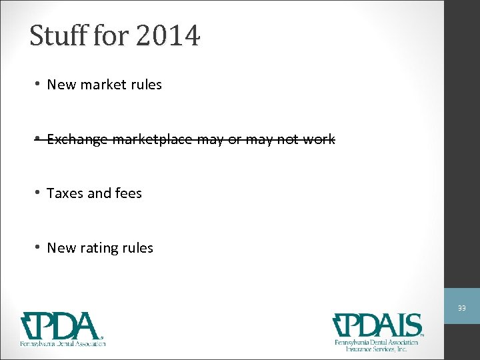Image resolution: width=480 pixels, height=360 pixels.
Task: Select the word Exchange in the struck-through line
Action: [77, 139]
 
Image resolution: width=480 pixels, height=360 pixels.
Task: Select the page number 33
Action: [461, 308]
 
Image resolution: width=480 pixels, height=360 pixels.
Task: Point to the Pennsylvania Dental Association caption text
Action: [61, 343]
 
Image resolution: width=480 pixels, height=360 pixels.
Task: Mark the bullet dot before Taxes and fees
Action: [39, 193]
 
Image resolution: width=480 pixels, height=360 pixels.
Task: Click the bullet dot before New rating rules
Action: [39, 247]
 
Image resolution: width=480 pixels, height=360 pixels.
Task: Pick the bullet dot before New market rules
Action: [39, 84]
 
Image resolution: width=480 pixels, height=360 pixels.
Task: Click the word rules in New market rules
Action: [146, 85]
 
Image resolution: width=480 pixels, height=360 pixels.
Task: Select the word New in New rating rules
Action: [62, 248]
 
